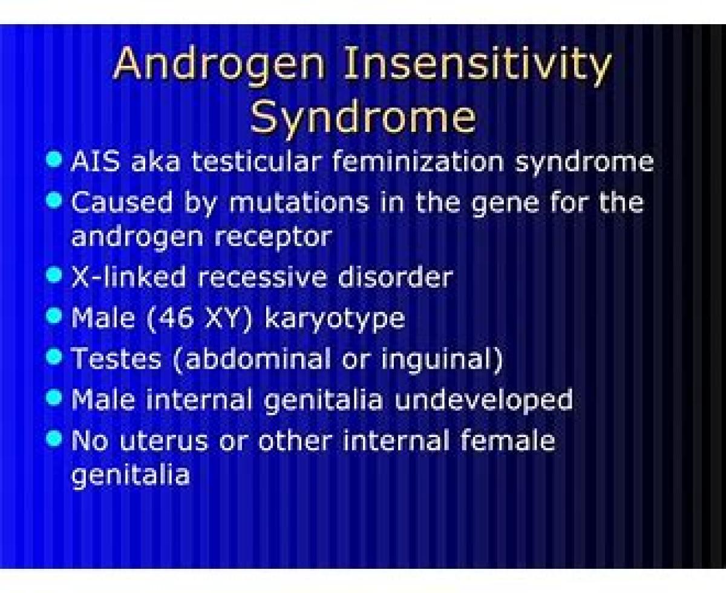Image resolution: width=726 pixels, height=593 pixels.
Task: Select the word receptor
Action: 273,238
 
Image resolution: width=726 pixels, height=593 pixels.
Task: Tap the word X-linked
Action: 128,276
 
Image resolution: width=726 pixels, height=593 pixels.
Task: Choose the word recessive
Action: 262,277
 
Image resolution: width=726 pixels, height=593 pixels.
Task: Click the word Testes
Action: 116,358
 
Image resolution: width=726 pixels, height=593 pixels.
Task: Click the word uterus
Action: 164,441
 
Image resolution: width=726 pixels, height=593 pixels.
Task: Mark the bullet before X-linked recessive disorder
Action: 54,275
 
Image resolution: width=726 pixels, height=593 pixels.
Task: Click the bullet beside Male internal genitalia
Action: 54,398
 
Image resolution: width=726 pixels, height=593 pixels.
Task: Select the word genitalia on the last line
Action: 130,476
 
